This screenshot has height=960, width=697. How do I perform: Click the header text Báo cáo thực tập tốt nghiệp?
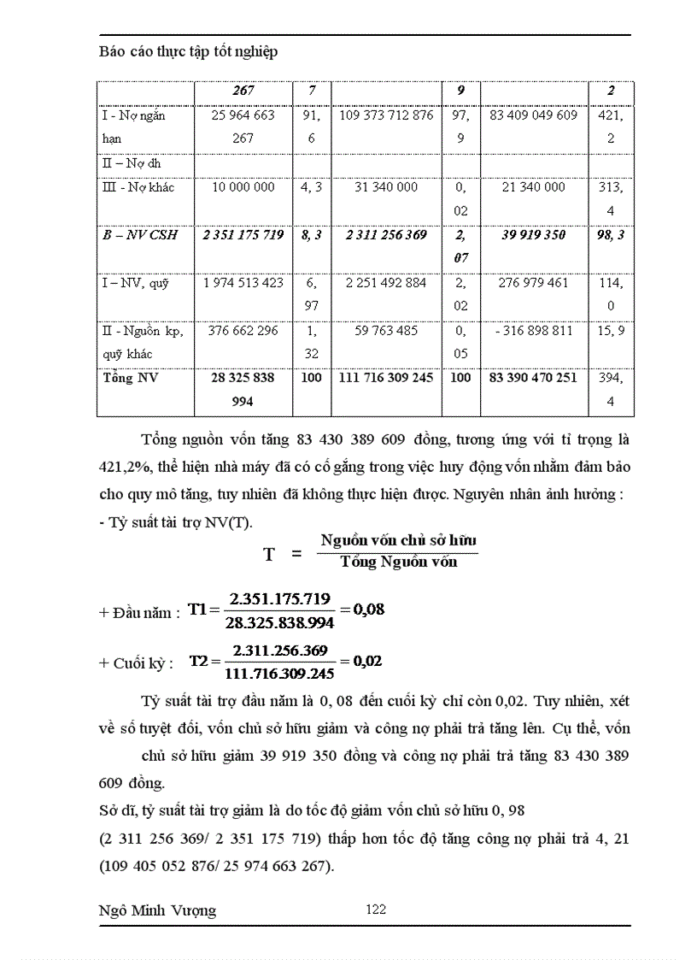click(x=188, y=52)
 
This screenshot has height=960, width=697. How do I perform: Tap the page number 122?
click(x=376, y=909)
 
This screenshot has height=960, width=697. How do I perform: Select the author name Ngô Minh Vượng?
click(x=158, y=910)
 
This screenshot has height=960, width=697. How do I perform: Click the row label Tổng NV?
click(x=130, y=377)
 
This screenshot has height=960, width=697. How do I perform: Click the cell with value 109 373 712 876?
click(x=386, y=115)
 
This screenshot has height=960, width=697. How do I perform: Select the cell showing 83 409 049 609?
click(x=534, y=115)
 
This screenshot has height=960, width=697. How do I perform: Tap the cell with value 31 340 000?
click(x=386, y=186)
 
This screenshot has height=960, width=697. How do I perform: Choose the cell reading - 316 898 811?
click(x=534, y=330)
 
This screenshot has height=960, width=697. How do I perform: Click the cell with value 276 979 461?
click(x=534, y=282)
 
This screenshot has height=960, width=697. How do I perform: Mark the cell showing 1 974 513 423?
click(x=243, y=282)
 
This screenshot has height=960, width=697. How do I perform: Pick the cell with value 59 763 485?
click(x=386, y=330)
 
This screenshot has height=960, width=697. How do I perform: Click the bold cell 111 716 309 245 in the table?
click(x=386, y=377)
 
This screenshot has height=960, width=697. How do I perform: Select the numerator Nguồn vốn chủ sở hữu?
click(x=398, y=540)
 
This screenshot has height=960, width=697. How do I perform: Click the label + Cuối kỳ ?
click(x=137, y=663)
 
